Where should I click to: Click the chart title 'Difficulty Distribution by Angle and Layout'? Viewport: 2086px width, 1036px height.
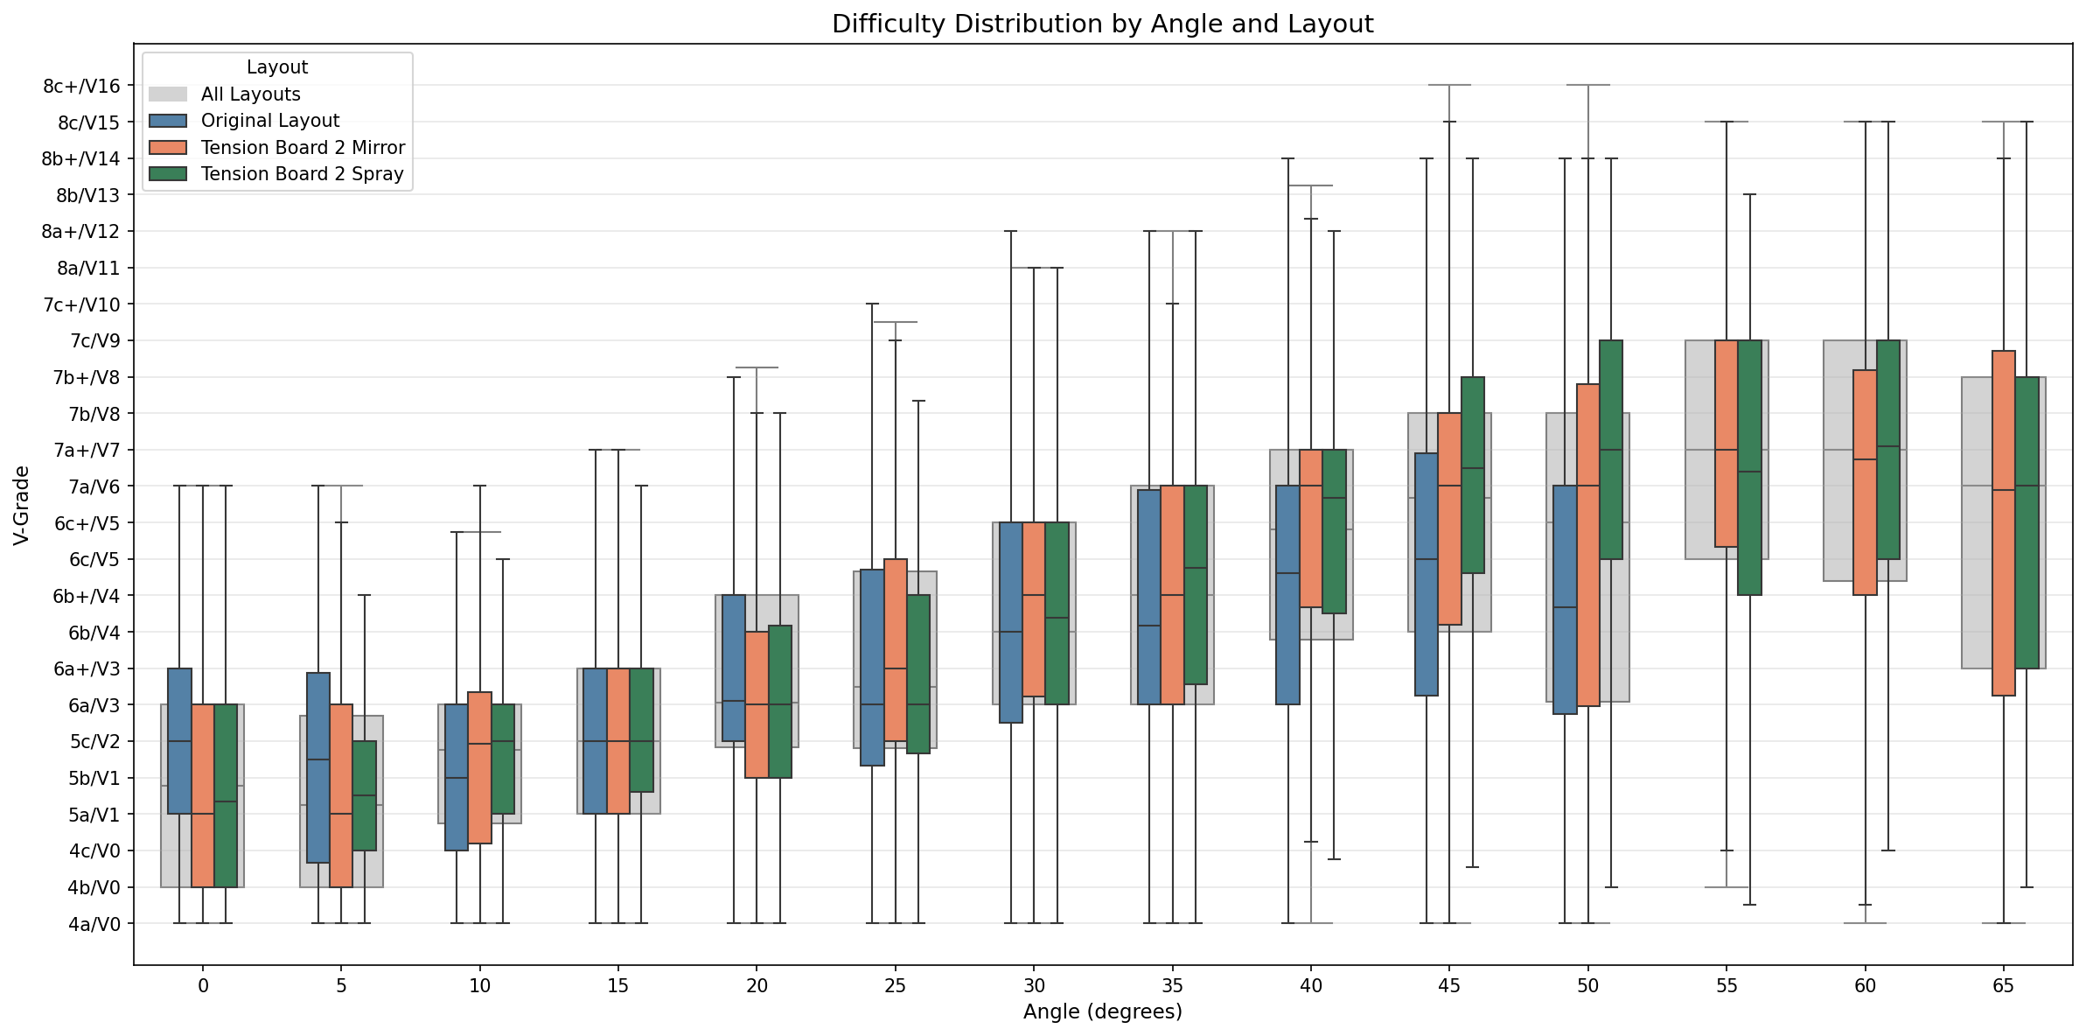pyautogui.click(x=1102, y=24)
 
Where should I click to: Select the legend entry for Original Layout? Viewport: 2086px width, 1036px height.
pyautogui.click(x=269, y=121)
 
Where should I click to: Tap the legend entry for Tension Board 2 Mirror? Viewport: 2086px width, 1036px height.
pyautogui.click(x=303, y=147)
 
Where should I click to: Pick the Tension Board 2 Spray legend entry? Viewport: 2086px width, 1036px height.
pyautogui.click(x=302, y=174)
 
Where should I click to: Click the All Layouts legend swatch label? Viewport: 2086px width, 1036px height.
pyautogui.click(x=250, y=94)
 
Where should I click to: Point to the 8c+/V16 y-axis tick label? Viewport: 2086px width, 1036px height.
pyautogui.click(x=81, y=86)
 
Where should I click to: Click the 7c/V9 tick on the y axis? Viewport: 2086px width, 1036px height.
pyautogui.click(x=94, y=341)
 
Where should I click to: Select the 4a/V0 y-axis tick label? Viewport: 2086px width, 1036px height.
pyautogui.click(x=94, y=924)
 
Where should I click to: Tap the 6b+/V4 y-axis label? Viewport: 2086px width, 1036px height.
pyautogui.click(x=87, y=597)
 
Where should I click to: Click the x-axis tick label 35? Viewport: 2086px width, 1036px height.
pyautogui.click(x=1172, y=986)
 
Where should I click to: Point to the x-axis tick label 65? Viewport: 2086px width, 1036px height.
pyautogui.click(x=2003, y=986)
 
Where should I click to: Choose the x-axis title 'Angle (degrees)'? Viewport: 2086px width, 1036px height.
pyautogui.click(x=1102, y=1012)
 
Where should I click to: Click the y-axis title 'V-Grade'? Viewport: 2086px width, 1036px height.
pyautogui.click(x=22, y=506)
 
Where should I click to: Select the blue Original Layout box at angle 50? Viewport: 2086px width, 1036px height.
pyautogui.click(x=1565, y=599)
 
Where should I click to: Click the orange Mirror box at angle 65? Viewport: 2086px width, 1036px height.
pyautogui.click(x=2004, y=523)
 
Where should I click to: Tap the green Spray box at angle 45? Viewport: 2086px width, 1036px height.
pyautogui.click(x=1473, y=475)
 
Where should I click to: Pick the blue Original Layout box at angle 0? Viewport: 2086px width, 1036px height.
pyautogui.click(x=179, y=741)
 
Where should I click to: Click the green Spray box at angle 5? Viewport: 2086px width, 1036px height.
pyautogui.click(x=365, y=795)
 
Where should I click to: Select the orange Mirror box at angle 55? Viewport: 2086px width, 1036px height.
pyautogui.click(x=1726, y=444)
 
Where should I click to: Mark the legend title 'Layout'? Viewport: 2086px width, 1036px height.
pyautogui.click(x=276, y=67)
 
